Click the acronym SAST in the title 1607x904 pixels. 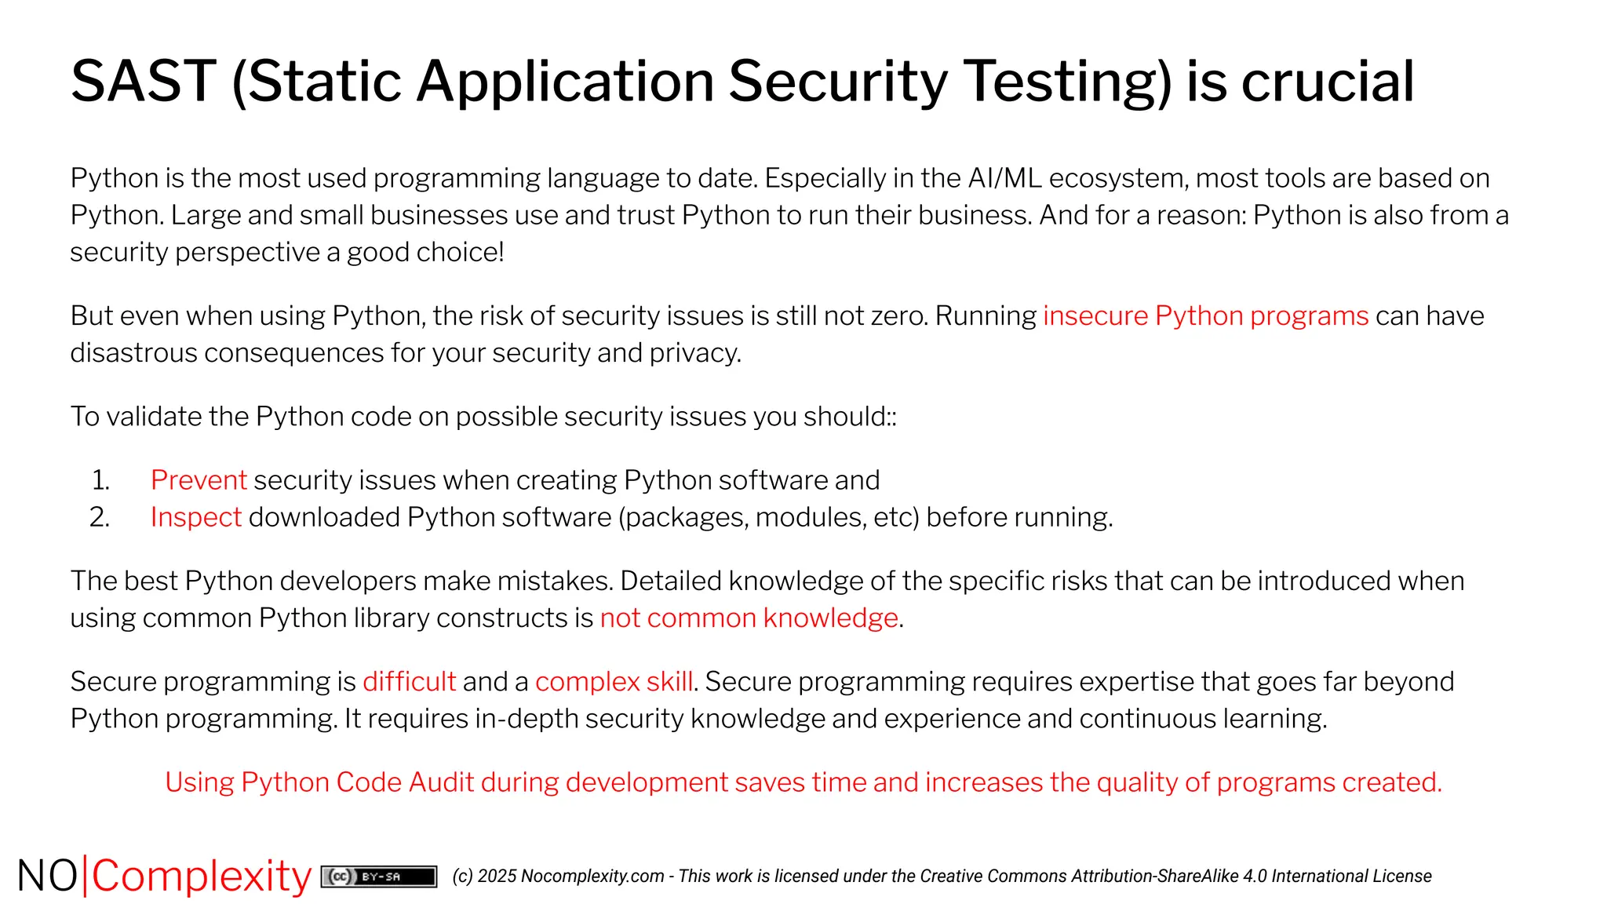click(x=144, y=82)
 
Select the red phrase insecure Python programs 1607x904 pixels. click(x=1205, y=315)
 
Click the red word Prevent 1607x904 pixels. click(x=199, y=479)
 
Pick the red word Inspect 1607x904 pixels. click(x=195, y=517)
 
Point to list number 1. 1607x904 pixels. click(x=100, y=479)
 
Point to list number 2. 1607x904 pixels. click(x=100, y=517)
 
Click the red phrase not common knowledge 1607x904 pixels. click(x=749, y=618)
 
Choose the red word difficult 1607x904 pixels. click(x=409, y=681)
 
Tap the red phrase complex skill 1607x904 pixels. click(x=614, y=681)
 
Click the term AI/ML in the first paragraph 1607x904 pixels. click(x=1004, y=178)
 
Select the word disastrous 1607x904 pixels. click(x=133, y=353)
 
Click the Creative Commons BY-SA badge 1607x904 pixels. click(x=379, y=877)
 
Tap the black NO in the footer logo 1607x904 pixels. click(x=47, y=877)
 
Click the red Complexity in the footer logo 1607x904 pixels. click(x=202, y=877)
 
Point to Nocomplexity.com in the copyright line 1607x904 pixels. click(x=592, y=877)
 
